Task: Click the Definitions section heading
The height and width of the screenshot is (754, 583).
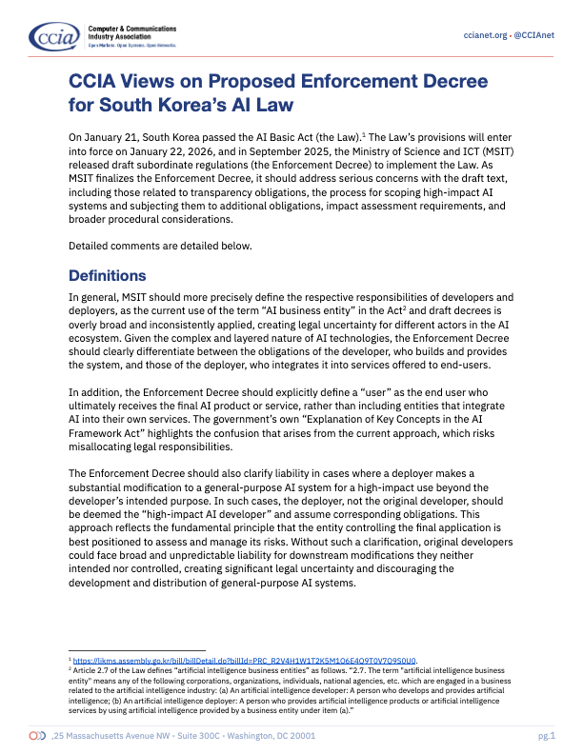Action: point(108,276)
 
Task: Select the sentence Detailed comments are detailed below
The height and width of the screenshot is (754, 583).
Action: point(160,246)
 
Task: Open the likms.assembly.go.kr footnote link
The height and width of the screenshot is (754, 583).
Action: point(248,659)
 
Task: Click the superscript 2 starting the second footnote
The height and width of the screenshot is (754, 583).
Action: point(70,668)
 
